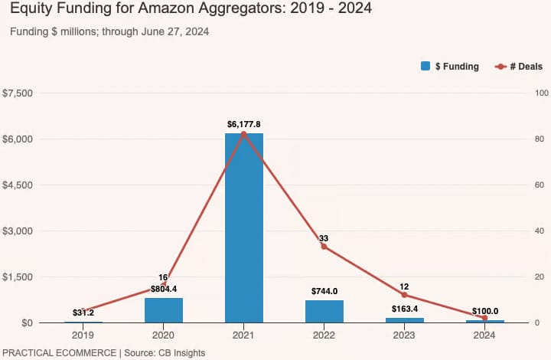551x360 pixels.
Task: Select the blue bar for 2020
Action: click(164, 310)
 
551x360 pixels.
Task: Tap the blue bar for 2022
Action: click(324, 311)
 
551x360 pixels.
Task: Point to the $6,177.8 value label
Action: click(243, 124)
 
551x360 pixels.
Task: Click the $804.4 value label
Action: click(164, 289)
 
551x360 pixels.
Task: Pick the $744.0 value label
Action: click(324, 291)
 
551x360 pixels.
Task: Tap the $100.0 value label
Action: click(484, 311)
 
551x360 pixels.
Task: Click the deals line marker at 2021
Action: click(243, 134)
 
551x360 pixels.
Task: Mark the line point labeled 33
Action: click(324, 247)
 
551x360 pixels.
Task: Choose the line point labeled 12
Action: click(404, 295)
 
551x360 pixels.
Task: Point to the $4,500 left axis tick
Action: click(18, 185)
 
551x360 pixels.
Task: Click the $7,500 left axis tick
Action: click(18, 93)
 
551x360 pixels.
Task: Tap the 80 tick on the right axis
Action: click(539, 139)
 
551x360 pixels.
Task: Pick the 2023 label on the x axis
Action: click(404, 335)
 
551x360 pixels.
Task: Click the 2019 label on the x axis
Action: click(83, 335)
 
